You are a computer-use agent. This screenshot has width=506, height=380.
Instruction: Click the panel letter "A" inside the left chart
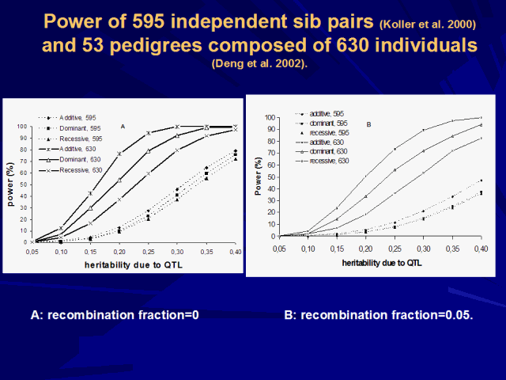123,126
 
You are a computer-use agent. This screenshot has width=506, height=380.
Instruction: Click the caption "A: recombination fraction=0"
114,314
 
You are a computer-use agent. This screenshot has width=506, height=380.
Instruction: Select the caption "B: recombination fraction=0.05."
378,314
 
